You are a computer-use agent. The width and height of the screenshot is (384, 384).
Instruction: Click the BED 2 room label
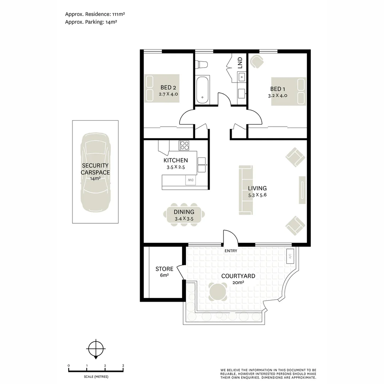[x=168, y=87]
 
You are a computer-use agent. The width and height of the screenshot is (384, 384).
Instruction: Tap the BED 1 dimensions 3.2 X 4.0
[x=277, y=96]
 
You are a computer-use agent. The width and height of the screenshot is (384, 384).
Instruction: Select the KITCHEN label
[x=176, y=160]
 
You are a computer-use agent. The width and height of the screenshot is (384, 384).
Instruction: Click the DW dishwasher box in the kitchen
[x=191, y=180]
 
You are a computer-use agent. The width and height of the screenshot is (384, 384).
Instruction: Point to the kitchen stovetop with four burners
[x=184, y=145]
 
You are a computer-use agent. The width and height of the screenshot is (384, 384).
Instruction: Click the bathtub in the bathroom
[x=202, y=90]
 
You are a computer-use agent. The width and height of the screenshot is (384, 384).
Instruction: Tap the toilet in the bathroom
[x=202, y=64]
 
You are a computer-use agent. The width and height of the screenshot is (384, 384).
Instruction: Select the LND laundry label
[x=240, y=63]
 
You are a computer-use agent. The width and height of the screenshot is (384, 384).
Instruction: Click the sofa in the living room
[x=246, y=190]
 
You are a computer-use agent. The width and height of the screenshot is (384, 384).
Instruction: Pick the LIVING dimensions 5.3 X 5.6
[x=257, y=195]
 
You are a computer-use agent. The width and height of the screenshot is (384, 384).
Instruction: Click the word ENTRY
[x=231, y=251]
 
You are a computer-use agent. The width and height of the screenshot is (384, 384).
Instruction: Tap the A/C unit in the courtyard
[x=290, y=256]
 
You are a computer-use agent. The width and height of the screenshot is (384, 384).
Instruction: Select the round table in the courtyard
[x=218, y=292]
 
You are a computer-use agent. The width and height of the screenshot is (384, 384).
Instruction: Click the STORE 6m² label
[x=164, y=272]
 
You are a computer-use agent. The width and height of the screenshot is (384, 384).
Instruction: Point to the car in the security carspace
[x=96, y=172]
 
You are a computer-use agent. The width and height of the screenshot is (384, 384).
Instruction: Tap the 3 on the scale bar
[x=123, y=366]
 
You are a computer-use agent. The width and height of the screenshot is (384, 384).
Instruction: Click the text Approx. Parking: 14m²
[x=91, y=22]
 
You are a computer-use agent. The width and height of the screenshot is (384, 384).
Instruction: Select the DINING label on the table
[x=184, y=212]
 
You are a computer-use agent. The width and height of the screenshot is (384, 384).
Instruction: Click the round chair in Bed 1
[x=257, y=62]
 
